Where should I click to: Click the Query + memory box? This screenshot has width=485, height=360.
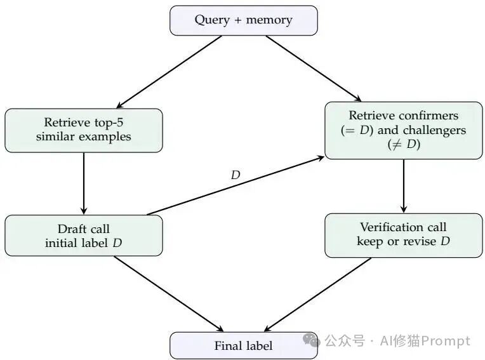click(243, 20)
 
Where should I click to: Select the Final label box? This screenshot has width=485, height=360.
click(243, 345)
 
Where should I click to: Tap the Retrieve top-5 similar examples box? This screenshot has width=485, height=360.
click(84, 130)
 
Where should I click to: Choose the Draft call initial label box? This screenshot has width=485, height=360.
click(84, 236)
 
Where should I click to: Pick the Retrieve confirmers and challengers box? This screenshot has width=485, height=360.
click(403, 130)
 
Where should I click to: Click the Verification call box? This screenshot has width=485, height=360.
click(403, 235)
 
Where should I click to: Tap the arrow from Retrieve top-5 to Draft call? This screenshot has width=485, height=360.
click(84, 183)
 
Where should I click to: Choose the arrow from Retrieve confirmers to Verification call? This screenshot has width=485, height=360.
click(403, 185)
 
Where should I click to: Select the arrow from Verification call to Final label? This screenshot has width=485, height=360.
click(317, 295)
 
